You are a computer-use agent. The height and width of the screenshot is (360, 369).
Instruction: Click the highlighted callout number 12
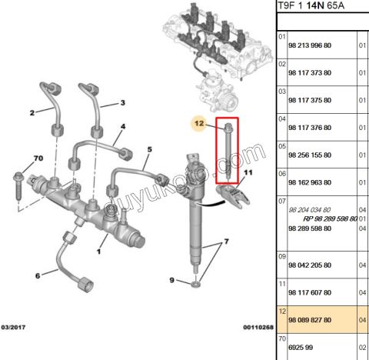click(199, 123)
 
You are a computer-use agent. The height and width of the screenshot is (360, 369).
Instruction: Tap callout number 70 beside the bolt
click(38, 158)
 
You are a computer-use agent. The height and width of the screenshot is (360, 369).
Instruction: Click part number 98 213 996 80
click(310, 45)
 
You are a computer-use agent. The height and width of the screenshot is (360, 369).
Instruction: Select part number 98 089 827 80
click(310, 320)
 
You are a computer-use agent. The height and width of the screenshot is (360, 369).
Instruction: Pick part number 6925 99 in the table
click(301, 347)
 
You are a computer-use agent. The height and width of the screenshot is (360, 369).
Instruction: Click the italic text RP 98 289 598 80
click(331, 218)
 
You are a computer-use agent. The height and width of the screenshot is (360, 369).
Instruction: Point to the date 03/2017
click(13, 327)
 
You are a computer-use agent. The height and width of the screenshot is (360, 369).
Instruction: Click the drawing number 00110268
click(258, 327)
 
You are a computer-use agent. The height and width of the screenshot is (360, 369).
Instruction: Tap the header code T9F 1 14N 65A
click(311, 5)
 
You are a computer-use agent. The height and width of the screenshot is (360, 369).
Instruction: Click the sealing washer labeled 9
click(196, 284)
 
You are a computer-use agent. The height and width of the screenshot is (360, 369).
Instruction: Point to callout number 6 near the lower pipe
click(38, 275)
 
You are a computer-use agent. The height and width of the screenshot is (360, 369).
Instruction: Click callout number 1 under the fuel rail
click(99, 252)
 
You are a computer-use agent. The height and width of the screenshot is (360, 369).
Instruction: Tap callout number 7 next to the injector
click(226, 242)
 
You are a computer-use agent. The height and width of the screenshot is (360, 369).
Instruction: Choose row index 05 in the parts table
click(282, 146)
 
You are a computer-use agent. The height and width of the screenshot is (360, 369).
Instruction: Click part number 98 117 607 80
click(310, 292)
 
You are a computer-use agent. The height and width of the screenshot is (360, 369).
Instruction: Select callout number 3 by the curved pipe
click(123, 103)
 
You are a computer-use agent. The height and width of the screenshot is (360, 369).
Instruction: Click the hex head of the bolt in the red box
click(228, 126)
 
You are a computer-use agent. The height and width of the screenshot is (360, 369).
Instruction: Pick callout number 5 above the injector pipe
click(150, 149)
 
